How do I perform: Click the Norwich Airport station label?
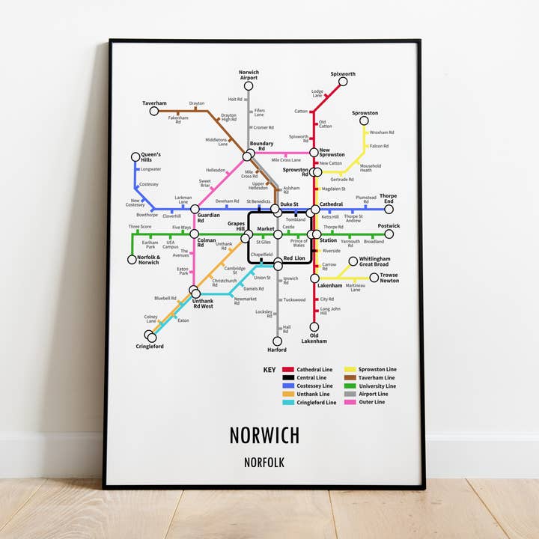pyautogui.click(x=249, y=74)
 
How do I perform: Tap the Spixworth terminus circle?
pyautogui.click(x=343, y=82)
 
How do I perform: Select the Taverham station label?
pyautogui.click(x=154, y=103)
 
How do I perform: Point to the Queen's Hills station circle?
pyautogui.click(x=135, y=157)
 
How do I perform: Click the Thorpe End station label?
pyautogui.click(x=388, y=198)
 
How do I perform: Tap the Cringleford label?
pyautogui.click(x=150, y=347)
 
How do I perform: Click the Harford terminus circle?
pyautogui.click(x=277, y=340)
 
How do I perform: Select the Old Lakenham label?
pyautogui.click(x=314, y=338)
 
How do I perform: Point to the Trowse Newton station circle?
pyautogui.click(x=374, y=278)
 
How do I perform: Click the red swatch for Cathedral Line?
pyautogui.click(x=288, y=370)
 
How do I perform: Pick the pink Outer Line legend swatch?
pyautogui.click(x=350, y=402)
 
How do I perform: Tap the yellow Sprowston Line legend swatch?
pyautogui.click(x=350, y=370)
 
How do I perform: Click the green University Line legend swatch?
pyautogui.click(x=350, y=386)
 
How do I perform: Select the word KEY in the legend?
pyautogui.click(x=269, y=370)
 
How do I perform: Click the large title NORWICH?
pyautogui.click(x=264, y=435)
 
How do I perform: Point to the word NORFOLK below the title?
pyautogui.click(x=264, y=463)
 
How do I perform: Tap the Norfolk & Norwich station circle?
pyautogui.click(x=133, y=260)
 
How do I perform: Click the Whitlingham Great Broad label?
pyautogui.click(x=374, y=261)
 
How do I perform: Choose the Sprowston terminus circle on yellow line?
pyautogui.click(x=364, y=121)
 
